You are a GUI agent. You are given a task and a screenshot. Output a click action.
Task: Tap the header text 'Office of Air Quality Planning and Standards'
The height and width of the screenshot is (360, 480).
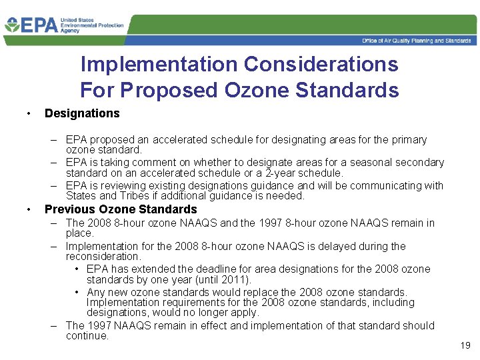point(416,41)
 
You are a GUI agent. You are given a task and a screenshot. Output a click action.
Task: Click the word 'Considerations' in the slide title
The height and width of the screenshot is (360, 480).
point(321,65)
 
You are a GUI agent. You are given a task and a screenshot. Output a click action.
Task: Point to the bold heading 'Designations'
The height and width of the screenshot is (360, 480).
point(82,113)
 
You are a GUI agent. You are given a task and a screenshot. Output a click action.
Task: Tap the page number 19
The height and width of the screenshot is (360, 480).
point(465,345)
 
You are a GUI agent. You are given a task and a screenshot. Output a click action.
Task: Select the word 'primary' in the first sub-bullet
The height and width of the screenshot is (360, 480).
point(409,140)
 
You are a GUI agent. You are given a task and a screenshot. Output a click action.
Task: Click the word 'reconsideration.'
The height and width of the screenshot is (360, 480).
point(103,257)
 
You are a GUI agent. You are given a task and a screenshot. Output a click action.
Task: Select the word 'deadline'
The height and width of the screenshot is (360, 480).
point(221,269)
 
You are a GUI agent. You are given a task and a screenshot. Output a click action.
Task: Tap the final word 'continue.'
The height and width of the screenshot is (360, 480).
point(87,336)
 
